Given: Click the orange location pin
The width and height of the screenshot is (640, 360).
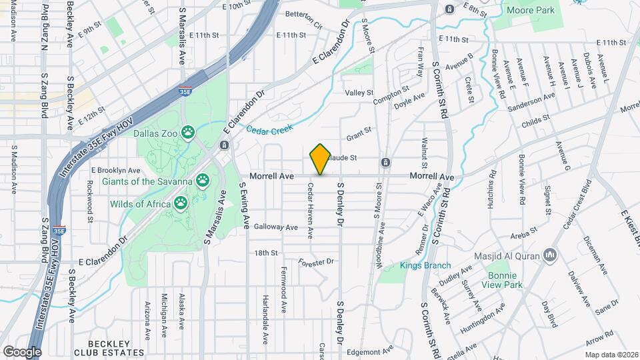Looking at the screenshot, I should (x=320, y=159).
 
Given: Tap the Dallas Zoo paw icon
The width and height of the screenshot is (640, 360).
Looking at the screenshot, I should (x=189, y=133).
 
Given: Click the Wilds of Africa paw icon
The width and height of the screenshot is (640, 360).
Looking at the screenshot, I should (x=181, y=203).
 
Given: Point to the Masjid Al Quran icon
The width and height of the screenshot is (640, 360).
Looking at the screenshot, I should (x=550, y=255).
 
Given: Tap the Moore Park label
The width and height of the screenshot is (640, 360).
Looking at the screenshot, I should (x=530, y=11).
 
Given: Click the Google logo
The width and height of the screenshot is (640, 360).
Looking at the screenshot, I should (x=22, y=351).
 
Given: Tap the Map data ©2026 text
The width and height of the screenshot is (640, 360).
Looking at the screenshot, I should (x=612, y=355).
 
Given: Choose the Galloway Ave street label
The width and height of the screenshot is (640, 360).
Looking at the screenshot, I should (x=275, y=227).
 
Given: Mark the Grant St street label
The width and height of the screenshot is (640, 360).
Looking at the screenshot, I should (x=358, y=136).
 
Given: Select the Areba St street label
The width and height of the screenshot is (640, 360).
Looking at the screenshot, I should (x=523, y=235).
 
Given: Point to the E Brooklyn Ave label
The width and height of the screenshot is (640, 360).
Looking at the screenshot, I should (x=115, y=170).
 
